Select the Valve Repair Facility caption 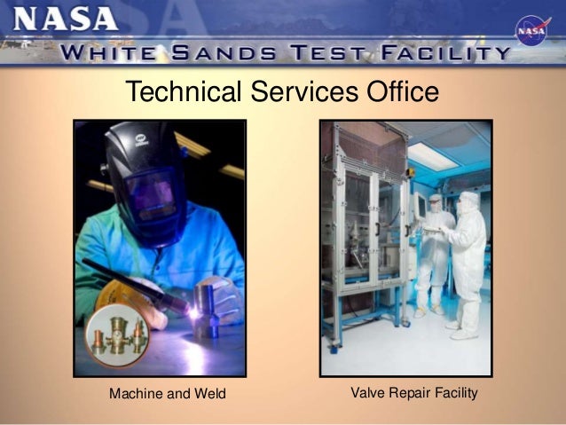pos(414,391)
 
